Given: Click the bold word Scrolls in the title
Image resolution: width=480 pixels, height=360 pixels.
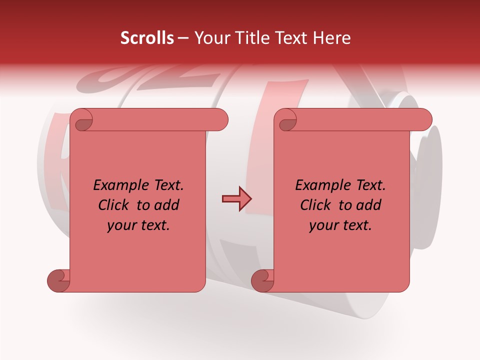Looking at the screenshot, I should coord(147,38).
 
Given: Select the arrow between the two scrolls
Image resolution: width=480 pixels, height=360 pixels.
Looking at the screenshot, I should coord(236,199).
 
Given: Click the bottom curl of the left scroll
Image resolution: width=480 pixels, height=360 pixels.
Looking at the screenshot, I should coord(58,280).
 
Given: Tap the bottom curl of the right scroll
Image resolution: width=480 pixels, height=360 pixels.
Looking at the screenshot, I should coord(262,280).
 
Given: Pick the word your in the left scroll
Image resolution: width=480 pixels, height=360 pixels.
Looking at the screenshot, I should coord(121,225).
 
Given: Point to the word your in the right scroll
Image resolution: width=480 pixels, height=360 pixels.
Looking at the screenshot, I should coord(323,225).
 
